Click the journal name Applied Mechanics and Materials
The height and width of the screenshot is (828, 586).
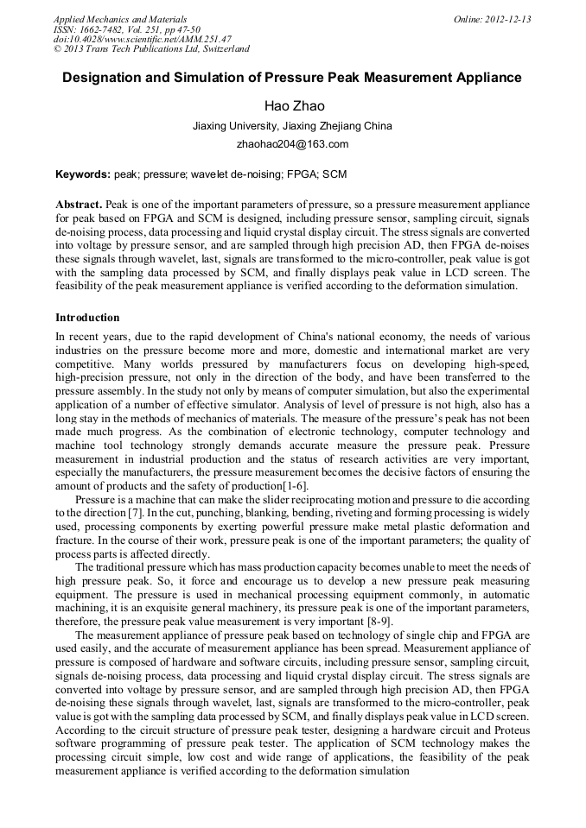point(120,18)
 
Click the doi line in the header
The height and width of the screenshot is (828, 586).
point(142,39)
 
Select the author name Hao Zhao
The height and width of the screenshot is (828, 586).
point(294,105)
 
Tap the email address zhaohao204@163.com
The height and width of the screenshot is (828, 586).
point(292,144)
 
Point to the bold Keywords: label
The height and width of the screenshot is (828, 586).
point(83,174)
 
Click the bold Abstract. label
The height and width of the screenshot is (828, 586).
point(79,204)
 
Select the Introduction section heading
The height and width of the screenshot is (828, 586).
point(87,318)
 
